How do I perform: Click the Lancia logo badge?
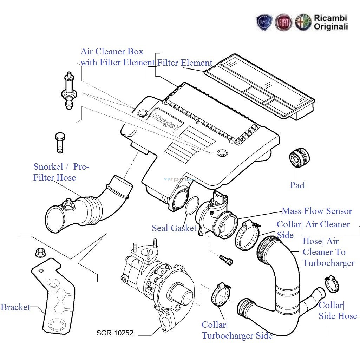264,22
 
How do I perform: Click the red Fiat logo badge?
283,22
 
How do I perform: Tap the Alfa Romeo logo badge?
303,22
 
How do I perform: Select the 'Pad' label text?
297,185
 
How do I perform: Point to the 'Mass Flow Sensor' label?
316,211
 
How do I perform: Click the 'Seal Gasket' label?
174,228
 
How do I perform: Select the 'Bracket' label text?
15,307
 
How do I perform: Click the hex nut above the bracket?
39,252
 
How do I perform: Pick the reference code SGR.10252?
115,333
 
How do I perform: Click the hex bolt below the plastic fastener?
60,142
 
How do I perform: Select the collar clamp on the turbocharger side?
221,295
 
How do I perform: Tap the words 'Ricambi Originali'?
330,22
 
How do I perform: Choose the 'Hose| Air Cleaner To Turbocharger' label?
328,252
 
